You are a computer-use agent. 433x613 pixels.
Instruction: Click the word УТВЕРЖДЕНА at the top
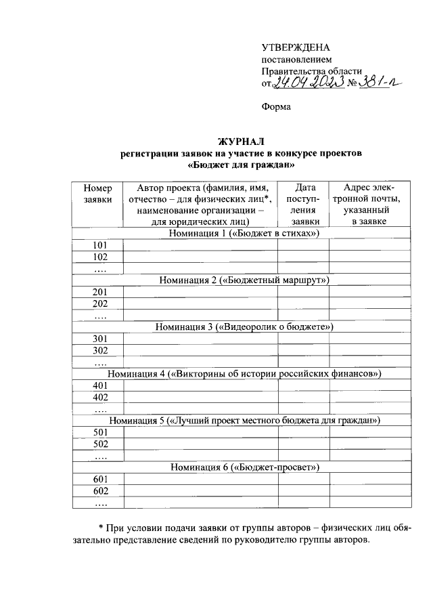click(x=296, y=47)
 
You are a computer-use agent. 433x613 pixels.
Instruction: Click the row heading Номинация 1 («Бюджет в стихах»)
click(x=244, y=233)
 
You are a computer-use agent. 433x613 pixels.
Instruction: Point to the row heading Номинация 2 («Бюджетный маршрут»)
click(x=244, y=280)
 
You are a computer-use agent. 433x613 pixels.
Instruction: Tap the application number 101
click(x=100, y=245)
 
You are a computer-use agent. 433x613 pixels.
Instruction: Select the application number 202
click(x=100, y=303)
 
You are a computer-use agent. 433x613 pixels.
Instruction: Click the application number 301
click(x=100, y=339)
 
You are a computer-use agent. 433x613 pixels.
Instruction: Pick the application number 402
click(x=100, y=397)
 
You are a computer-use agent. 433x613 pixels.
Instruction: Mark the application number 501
click(x=100, y=432)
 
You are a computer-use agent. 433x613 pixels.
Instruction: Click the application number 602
click(x=100, y=491)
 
